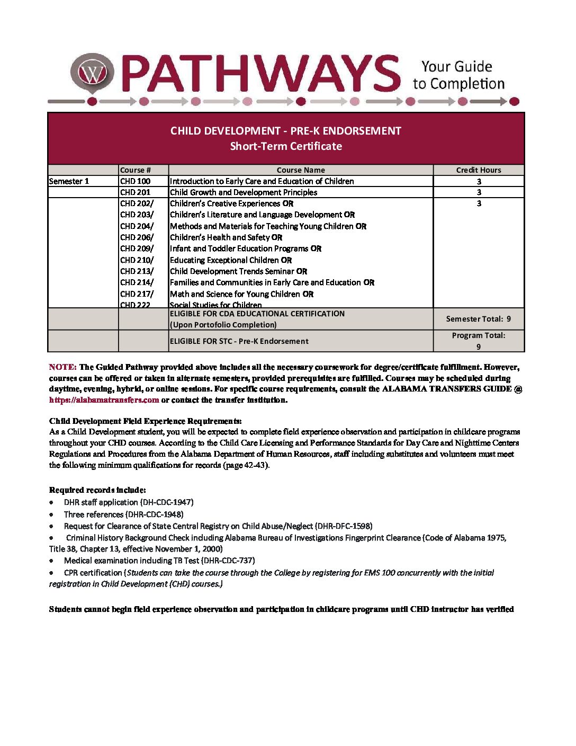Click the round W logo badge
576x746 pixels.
point(93,73)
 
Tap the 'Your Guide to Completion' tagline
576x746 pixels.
point(458,75)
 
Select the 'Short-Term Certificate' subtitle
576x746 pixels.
point(286,146)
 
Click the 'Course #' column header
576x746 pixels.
point(136,170)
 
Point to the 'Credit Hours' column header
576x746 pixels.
point(479,170)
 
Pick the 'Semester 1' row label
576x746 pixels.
point(69,181)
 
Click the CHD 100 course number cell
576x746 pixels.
point(136,181)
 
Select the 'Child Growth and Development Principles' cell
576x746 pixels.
point(244,192)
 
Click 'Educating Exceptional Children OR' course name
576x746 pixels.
point(231,260)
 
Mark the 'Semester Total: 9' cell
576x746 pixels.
point(479,319)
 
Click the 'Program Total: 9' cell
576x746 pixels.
point(479,341)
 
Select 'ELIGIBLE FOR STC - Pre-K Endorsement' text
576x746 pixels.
point(239,341)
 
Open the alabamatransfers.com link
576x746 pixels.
point(104,400)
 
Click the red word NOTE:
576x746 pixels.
point(62,367)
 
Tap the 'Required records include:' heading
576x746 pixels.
point(97,490)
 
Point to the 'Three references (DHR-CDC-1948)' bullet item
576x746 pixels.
point(123,514)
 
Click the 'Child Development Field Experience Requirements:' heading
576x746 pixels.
point(146,421)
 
